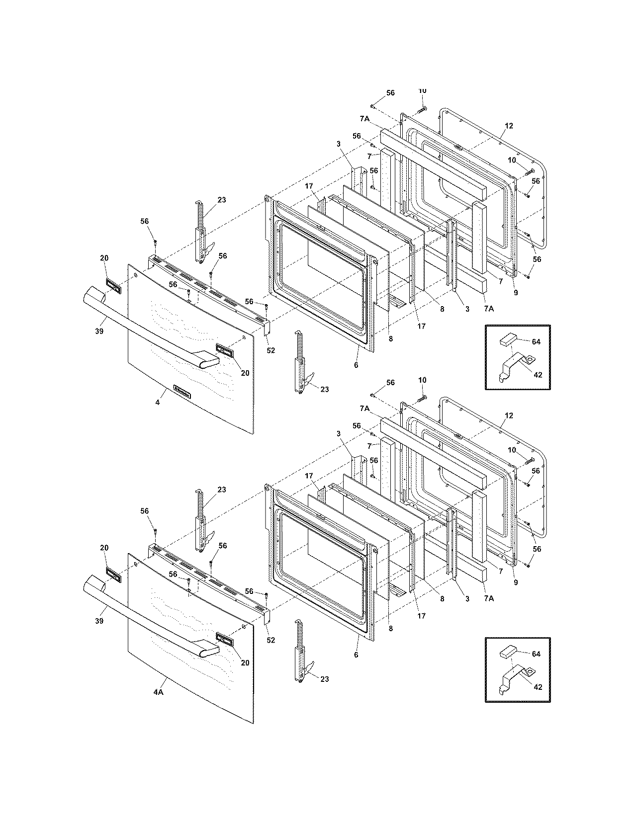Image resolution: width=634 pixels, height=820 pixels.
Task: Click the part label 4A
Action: coord(158,692)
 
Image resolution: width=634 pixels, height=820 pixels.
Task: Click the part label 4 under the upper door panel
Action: coord(158,402)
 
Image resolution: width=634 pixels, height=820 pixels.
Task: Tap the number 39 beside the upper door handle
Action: coord(99,331)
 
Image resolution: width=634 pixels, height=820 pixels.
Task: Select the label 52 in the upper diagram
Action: coord(271,350)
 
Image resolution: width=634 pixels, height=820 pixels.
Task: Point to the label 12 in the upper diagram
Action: coord(508,126)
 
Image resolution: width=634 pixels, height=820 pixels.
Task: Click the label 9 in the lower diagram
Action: coord(516,582)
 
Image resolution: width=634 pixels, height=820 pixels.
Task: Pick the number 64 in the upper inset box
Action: coord(536,342)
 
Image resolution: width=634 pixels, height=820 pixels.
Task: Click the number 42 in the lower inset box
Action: coord(538,687)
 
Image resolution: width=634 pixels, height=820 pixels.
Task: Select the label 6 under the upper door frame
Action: coord(356,365)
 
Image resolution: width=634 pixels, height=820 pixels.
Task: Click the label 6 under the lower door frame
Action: coord(356,655)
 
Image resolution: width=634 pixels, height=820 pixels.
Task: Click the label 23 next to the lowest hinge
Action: coord(324,679)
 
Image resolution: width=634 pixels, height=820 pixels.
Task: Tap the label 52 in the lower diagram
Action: coord(271,640)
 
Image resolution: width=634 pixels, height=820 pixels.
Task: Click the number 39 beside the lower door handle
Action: coord(99,621)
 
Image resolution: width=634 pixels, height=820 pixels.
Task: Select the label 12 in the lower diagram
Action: coord(508,415)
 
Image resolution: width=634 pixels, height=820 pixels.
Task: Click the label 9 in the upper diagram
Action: coord(516,293)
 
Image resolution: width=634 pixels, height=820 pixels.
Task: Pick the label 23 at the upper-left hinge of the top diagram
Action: coord(221,200)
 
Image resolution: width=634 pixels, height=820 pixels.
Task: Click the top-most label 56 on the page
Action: coord(390,93)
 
